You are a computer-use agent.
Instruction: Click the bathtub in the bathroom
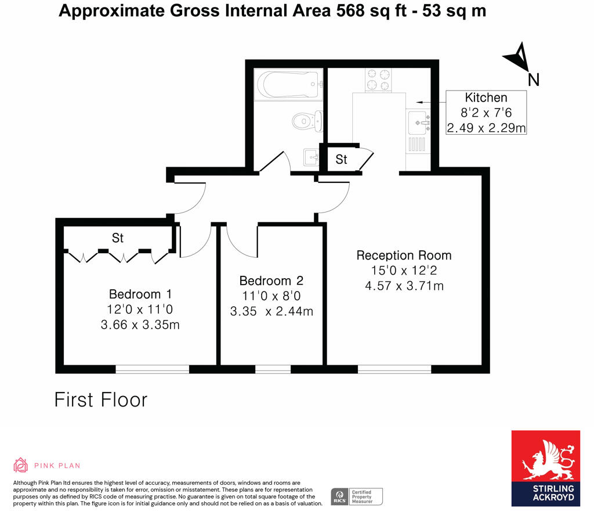(x=288, y=85)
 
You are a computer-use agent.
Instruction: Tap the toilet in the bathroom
(x=306, y=121)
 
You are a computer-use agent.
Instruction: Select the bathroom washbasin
(x=311, y=157)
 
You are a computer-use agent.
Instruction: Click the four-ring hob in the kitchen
(x=378, y=80)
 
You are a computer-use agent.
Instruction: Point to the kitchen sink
(x=419, y=123)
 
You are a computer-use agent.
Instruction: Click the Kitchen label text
(x=486, y=98)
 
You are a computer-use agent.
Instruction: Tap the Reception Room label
(x=404, y=255)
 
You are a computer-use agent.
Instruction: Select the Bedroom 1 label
(x=140, y=294)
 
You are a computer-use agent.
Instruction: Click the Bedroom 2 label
(x=272, y=280)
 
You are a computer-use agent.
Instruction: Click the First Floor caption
(x=101, y=400)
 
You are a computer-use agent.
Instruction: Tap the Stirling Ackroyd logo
(x=545, y=468)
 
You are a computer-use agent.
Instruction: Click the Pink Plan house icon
(x=21, y=465)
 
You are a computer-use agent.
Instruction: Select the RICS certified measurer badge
(x=357, y=496)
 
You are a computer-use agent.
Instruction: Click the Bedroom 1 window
(x=152, y=369)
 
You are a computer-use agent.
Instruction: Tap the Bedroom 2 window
(x=273, y=369)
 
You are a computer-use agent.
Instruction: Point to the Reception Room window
(x=394, y=369)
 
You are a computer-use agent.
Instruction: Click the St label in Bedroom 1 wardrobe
(x=118, y=238)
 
